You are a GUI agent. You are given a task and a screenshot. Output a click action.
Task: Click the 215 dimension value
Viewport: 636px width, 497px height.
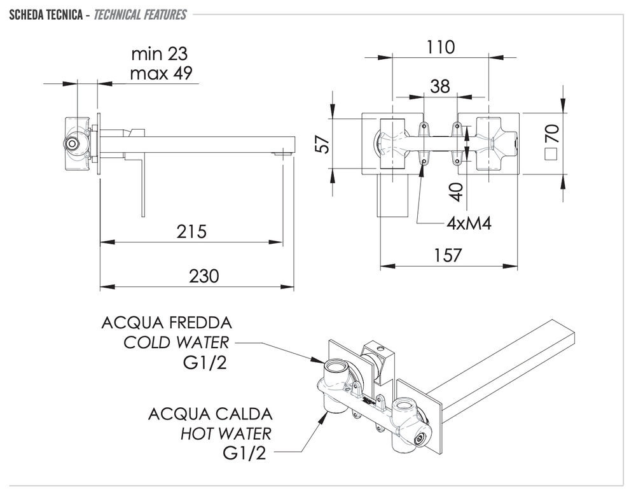pos(192,231)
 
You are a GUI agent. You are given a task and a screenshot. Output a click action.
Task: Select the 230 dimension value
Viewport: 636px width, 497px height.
pos(204,276)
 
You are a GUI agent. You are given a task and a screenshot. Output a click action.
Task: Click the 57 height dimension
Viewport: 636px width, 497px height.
pos(324,143)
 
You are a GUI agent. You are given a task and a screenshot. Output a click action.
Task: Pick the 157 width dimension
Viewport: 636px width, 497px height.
pos(448,255)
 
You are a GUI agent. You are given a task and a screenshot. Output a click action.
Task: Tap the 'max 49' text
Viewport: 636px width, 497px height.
pos(161,73)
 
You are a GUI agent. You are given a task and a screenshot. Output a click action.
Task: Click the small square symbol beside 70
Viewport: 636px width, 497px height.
pos(551,153)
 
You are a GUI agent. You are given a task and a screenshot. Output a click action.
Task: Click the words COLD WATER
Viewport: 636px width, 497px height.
pos(176,342)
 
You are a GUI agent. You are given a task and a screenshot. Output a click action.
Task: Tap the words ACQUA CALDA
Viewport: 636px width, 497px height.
pos(211,414)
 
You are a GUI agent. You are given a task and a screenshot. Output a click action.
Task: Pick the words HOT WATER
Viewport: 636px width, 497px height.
pos(226,434)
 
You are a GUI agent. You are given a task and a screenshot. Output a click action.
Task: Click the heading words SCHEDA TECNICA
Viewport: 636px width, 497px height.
pos(45,14)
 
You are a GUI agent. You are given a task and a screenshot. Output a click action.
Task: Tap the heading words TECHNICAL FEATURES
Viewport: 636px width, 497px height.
pos(140,14)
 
